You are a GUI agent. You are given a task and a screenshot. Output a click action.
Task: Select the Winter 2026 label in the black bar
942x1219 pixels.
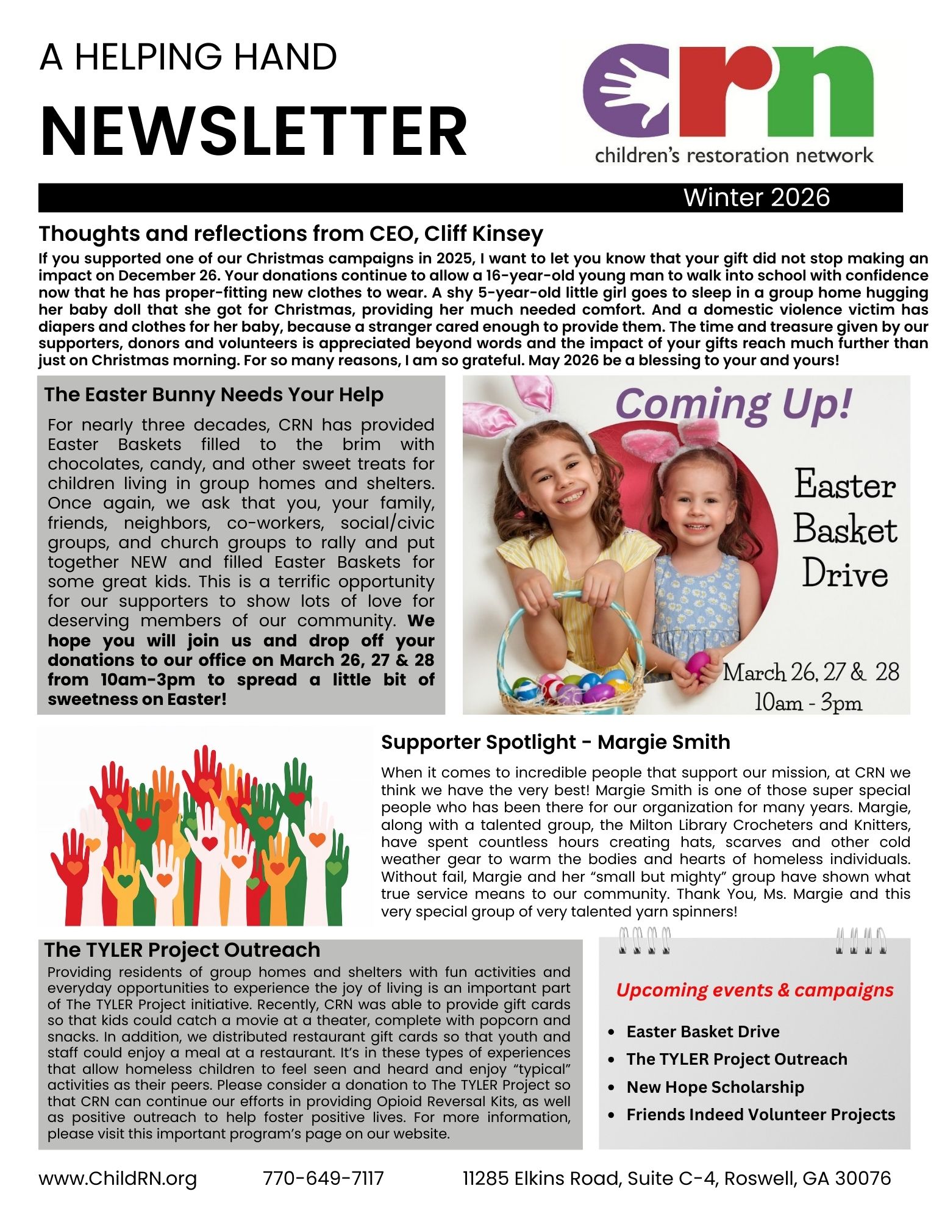(x=756, y=198)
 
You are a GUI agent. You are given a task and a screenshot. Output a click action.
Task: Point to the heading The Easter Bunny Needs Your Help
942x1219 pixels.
(x=213, y=395)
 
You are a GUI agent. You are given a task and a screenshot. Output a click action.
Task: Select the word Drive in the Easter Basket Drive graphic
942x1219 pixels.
(x=844, y=574)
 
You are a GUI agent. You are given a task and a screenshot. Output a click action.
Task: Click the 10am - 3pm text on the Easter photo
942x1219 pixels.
(x=808, y=702)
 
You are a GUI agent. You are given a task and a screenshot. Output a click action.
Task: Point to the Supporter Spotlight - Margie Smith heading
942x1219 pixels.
(x=555, y=742)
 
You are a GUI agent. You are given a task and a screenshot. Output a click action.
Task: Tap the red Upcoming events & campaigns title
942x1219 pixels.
(x=754, y=990)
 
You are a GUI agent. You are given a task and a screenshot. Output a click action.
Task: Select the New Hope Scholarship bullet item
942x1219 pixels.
(x=715, y=1087)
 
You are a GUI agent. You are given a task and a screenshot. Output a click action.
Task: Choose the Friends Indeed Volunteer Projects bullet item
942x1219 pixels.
(x=760, y=1114)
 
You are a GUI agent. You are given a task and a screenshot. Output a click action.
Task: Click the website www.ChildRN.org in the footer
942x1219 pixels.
(x=118, y=1178)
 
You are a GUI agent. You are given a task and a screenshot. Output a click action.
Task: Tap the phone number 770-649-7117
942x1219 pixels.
(x=323, y=1178)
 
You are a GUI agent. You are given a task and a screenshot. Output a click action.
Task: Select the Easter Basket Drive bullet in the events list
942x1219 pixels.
(x=702, y=1031)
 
